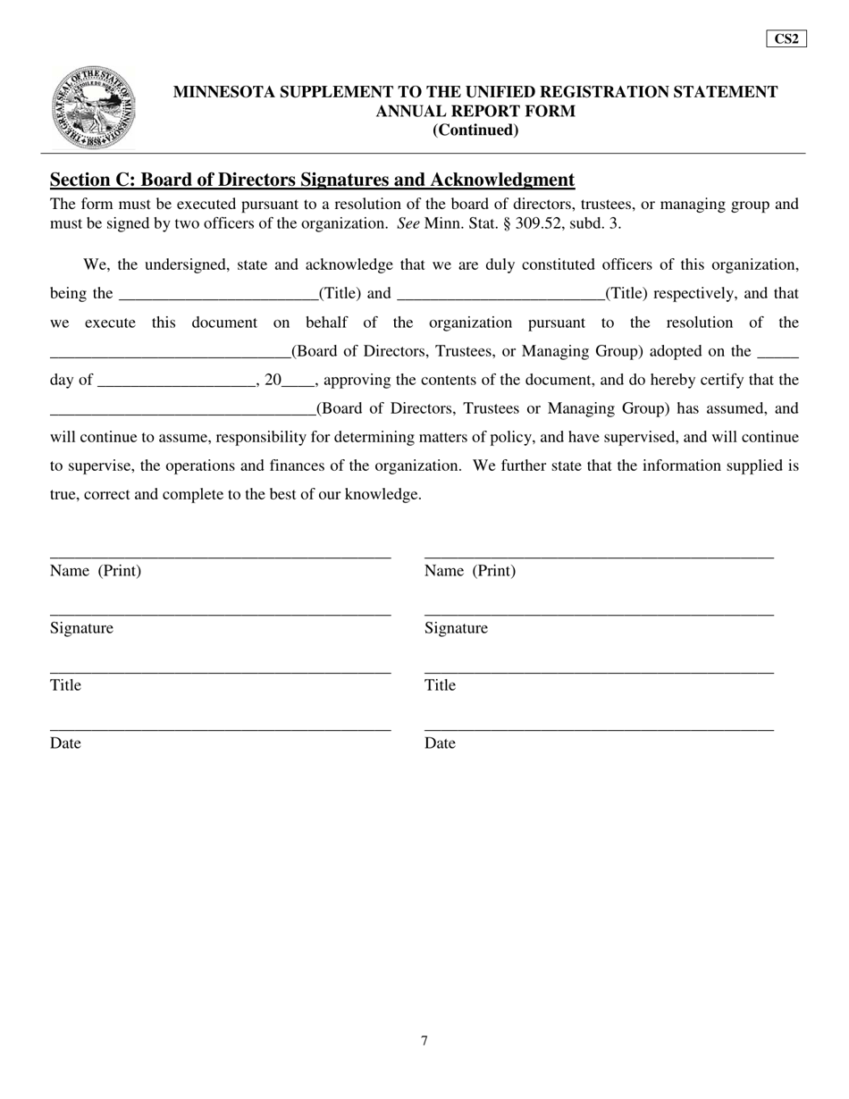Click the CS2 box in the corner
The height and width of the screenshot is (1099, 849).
(x=786, y=38)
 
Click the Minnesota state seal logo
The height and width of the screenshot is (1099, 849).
(x=93, y=107)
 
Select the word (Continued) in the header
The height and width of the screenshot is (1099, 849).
(x=475, y=130)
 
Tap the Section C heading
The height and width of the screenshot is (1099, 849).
(x=312, y=180)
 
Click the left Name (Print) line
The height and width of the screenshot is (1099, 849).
(x=220, y=555)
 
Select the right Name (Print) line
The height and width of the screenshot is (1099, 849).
(x=599, y=555)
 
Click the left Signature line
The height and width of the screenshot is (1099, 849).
(x=220, y=613)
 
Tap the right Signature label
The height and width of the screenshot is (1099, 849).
(x=456, y=628)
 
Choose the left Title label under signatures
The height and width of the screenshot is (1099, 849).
(x=65, y=685)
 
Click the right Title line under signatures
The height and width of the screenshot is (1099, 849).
(x=599, y=670)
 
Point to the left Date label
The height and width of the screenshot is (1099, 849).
(x=65, y=743)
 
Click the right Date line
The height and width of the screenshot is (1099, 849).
(x=599, y=728)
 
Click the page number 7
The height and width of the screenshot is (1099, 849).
(x=424, y=1041)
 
